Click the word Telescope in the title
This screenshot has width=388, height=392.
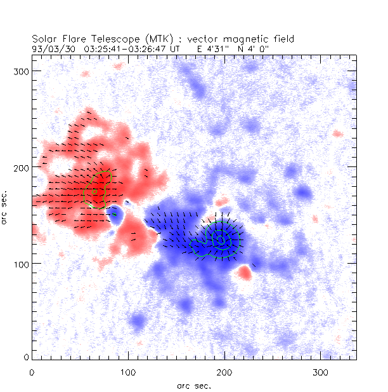click(x=118, y=39)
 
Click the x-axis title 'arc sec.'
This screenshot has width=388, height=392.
click(x=193, y=385)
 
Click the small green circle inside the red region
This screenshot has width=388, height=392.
click(x=94, y=191)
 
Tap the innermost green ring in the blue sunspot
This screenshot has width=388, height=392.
click(x=220, y=239)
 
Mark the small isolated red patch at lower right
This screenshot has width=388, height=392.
click(x=244, y=273)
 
